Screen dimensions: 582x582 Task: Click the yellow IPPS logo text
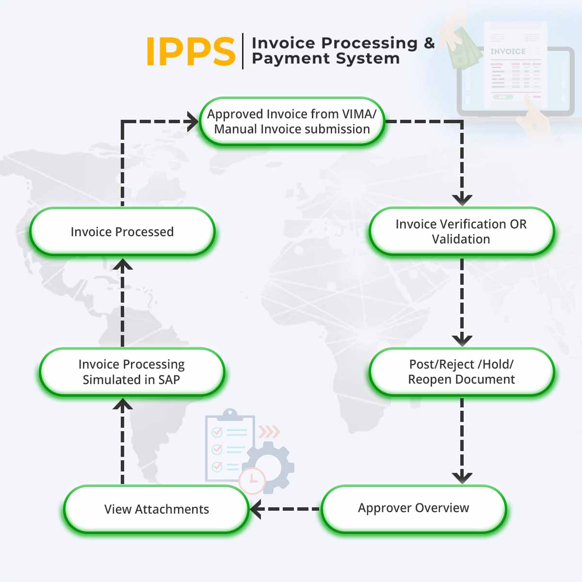click(190, 51)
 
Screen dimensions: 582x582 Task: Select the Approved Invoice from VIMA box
click(292, 121)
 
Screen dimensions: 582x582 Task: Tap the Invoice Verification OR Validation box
click(461, 231)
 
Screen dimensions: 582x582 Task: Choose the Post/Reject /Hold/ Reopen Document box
click(461, 372)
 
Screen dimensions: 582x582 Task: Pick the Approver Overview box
click(413, 508)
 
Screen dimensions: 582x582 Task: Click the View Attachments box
click(156, 509)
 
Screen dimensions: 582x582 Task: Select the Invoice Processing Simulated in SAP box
click(131, 372)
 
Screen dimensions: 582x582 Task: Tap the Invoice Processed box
click(122, 232)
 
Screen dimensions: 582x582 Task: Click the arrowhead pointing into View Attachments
click(256, 509)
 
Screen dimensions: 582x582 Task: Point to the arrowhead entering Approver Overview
click(462, 477)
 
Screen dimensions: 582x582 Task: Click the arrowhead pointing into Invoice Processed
click(123, 265)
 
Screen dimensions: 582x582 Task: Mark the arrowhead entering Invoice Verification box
click(462, 199)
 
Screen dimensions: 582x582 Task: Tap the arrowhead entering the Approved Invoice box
click(193, 121)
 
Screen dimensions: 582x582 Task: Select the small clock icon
click(252, 480)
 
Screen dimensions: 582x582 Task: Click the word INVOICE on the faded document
click(507, 51)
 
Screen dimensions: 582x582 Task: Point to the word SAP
click(169, 380)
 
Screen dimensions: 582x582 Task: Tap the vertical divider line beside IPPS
click(243, 51)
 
